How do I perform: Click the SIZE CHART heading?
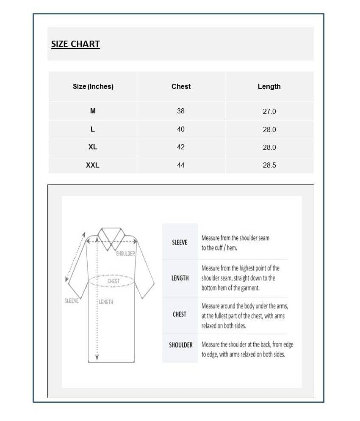tap(75, 44)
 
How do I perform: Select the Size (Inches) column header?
tap(93, 86)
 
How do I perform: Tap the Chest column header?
tap(181, 86)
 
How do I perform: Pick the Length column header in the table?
tap(269, 86)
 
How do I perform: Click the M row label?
tap(93, 111)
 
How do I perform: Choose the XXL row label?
tap(93, 165)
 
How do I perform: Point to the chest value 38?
tap(181, 111)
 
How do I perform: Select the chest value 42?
tap(181, 147)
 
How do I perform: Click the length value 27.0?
tap(269, 111)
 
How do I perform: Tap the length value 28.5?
tap(269, 165)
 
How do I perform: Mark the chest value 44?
tap(181, 165)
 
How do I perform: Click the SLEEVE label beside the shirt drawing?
tap(72, 301)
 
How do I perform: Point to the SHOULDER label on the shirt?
tap(125, 253)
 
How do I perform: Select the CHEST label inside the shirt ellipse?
tap(114, 281)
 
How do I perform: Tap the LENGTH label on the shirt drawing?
tap(106, 302)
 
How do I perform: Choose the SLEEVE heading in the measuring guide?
tap(180, 242)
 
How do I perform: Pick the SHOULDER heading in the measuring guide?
tap(181, 345)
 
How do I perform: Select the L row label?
tap(93, 129)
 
